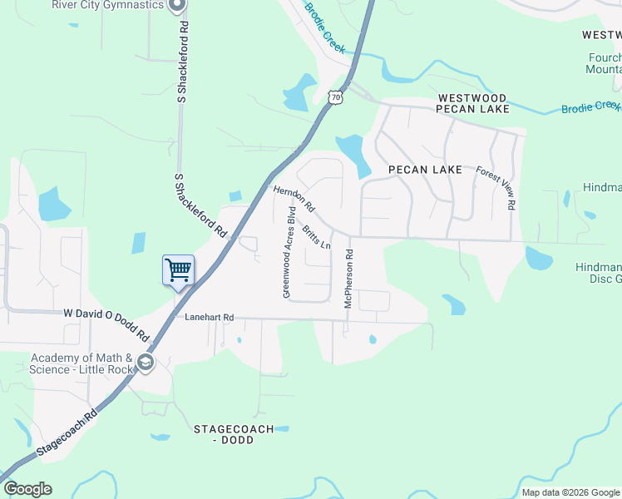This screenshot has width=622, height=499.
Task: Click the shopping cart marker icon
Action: [x=178, y=270]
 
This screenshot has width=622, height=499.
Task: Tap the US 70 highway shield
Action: [x=334, y=96]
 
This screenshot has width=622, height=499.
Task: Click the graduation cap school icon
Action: [x=146, y=363]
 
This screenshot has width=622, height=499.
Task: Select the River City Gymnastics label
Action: [x=107, y=5]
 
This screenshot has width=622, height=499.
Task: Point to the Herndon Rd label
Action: [x=294, y=198]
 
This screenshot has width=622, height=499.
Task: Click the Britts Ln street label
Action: [x=317, y=237]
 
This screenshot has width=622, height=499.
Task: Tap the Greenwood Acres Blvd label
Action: [x=288, y=252]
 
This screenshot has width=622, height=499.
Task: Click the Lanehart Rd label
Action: [x=210, y=317]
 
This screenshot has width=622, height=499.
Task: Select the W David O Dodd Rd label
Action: [x=106, y=324]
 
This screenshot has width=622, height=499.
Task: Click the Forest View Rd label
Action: [x=496, y=187]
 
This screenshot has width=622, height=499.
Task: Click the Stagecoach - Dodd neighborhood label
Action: [x=228, y=434]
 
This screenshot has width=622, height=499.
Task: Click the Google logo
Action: [x=27, y=489]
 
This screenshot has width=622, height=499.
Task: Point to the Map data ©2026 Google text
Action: [x=570, y=492]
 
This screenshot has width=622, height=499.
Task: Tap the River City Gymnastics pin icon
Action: [x=176, y=7]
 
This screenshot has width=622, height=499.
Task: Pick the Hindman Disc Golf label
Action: [x=598, y=273]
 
